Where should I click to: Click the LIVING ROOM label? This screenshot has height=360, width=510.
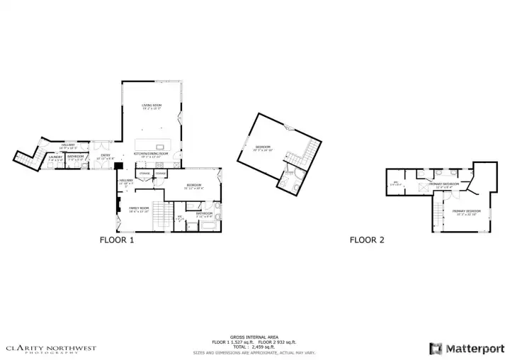pos(152,107)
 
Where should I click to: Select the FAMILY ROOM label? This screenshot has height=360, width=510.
pos(138,209)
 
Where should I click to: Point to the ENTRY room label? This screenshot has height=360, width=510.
pos(105,155)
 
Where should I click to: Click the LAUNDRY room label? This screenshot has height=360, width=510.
pos(56,157)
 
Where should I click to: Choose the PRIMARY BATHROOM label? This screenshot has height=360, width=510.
pos(444,184)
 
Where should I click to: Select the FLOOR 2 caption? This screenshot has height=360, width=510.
pos(367,240)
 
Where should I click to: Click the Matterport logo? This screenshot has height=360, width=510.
pos(465,348)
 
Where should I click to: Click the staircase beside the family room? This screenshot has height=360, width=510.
pos(163,215)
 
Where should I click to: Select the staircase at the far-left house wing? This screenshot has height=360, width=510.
pos(26,162)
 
